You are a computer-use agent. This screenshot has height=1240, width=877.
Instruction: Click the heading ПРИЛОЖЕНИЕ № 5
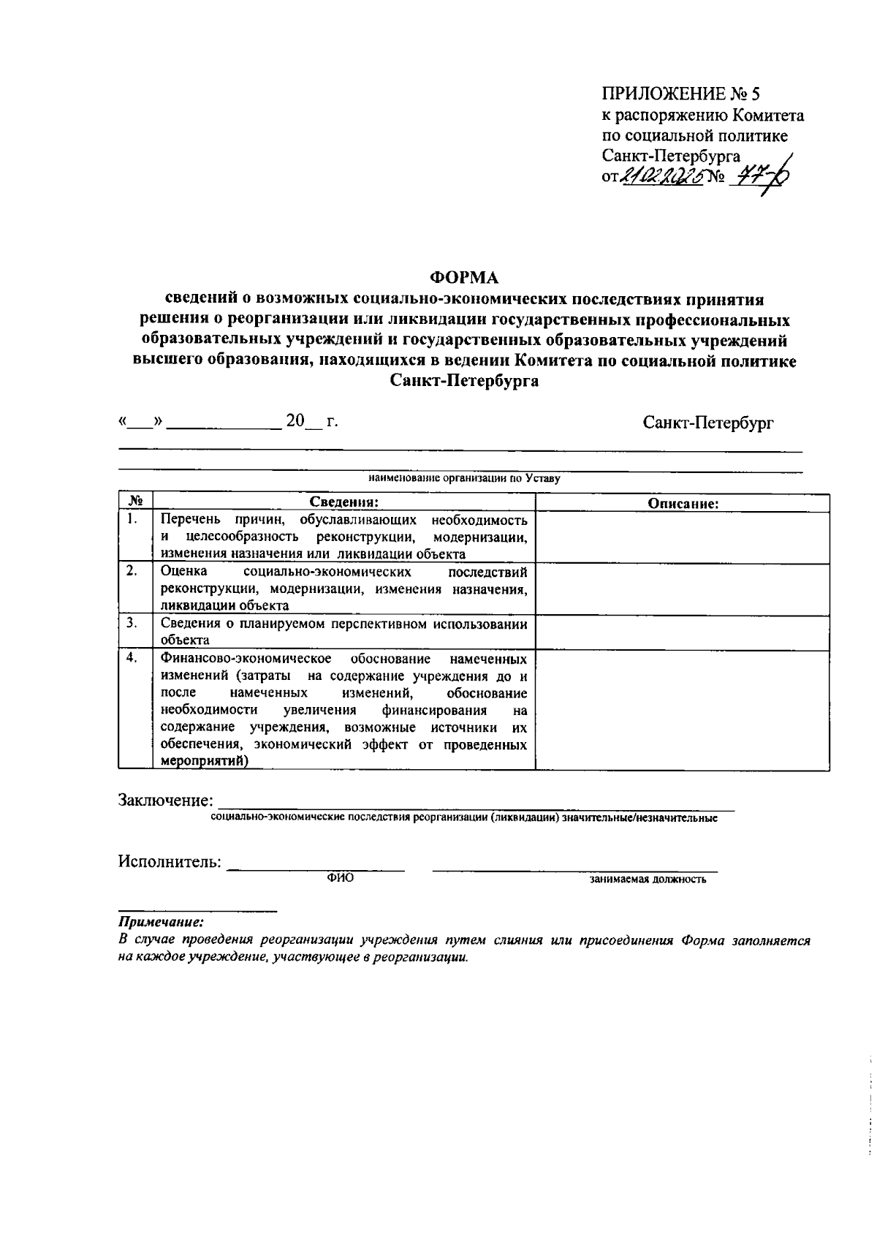681,94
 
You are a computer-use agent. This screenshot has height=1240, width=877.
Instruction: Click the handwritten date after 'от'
661,176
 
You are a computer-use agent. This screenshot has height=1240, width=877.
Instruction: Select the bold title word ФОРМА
463,278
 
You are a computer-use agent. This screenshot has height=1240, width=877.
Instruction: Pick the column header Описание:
683,503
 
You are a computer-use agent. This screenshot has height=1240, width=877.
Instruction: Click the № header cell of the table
135,502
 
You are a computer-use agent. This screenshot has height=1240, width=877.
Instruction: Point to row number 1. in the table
132,520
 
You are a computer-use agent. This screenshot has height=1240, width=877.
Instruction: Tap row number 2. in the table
132,572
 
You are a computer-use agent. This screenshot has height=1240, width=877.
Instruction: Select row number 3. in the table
132,623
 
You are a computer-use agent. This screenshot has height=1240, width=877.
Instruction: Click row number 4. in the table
132,657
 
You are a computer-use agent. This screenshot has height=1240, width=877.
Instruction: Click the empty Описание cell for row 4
683,709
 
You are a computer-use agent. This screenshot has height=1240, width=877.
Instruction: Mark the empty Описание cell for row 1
683,537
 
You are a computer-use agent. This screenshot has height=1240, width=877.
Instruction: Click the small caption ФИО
340,879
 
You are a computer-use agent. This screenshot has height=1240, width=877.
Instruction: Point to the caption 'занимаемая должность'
648,880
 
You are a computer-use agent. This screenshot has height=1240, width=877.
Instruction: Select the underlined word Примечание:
162,923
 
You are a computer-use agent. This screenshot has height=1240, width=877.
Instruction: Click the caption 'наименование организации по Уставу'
464,480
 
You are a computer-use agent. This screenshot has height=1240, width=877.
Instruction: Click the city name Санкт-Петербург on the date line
708,423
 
